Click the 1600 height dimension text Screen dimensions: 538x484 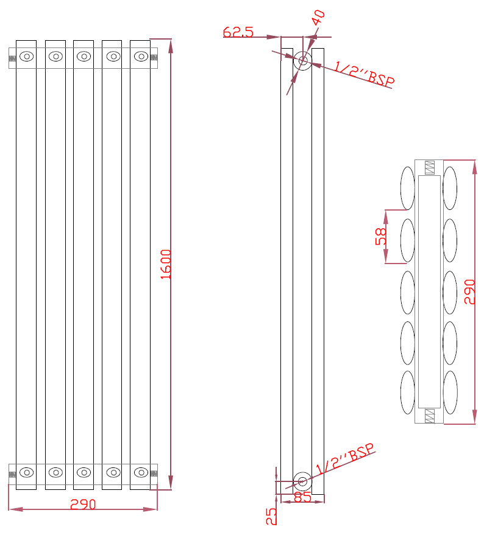166,264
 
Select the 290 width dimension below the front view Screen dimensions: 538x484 83,505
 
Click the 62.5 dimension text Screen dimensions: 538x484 238,32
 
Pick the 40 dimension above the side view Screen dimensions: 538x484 318,18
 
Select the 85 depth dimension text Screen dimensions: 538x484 303,497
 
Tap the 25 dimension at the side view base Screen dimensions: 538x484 271,516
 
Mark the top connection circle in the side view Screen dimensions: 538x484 303,60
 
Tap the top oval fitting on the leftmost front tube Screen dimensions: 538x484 26,57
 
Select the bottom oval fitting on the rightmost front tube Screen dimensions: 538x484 141,472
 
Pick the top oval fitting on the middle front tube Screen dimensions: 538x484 84,57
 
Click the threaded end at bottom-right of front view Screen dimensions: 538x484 154,473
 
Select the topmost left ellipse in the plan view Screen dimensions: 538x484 407,187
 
